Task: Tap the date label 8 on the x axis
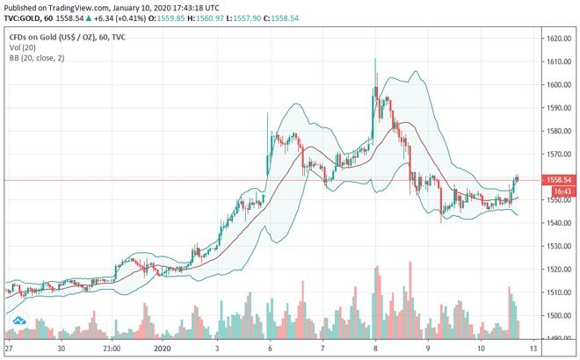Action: pyautogui.click(x=375, y=348)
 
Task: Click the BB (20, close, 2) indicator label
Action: pyautogui.click(x=38, y=58)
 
